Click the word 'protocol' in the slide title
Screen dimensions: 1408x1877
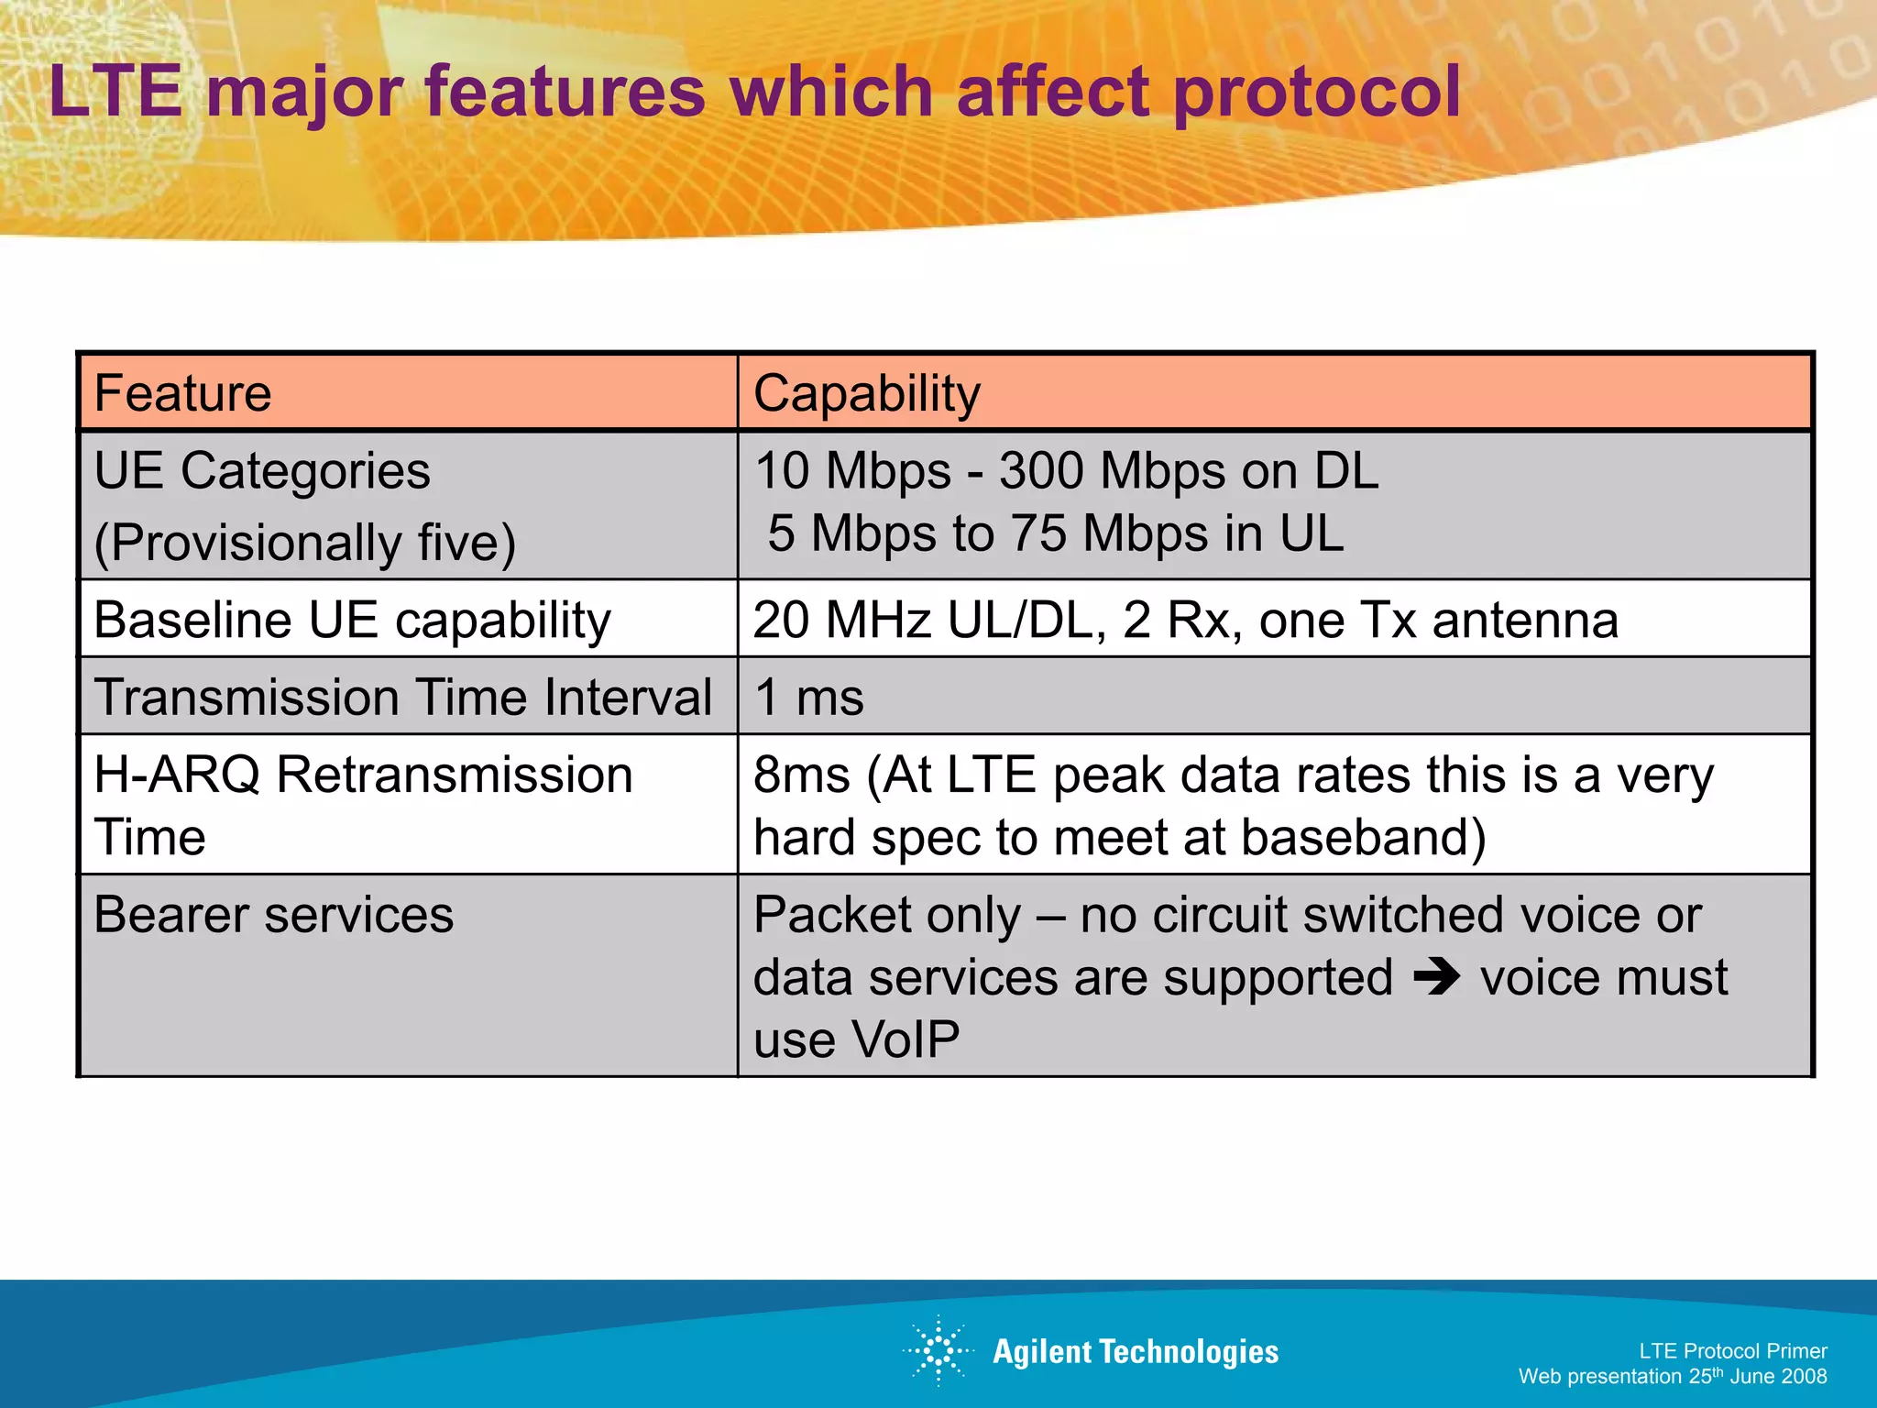click(1316, 92)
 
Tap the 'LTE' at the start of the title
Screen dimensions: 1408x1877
click(115, 92)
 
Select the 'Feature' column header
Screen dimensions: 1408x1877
click(182, 393)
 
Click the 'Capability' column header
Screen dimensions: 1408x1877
click(866, 393)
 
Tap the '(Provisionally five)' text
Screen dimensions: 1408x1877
click(305, 542)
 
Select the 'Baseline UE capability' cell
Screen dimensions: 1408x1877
click(352, 620)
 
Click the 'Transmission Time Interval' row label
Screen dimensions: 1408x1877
click(402, 697)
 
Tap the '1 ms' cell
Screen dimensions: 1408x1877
click(808, 697)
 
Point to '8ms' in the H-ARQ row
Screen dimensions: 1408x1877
click(801, 775)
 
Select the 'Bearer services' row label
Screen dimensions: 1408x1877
click(273, 915)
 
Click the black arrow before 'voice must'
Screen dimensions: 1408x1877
click(1436, 977)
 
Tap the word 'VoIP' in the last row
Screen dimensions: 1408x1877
click(905, 1039)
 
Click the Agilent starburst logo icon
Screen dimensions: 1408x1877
click(938, 1350)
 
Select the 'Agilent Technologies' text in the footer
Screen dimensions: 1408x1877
click(1136, 1351)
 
